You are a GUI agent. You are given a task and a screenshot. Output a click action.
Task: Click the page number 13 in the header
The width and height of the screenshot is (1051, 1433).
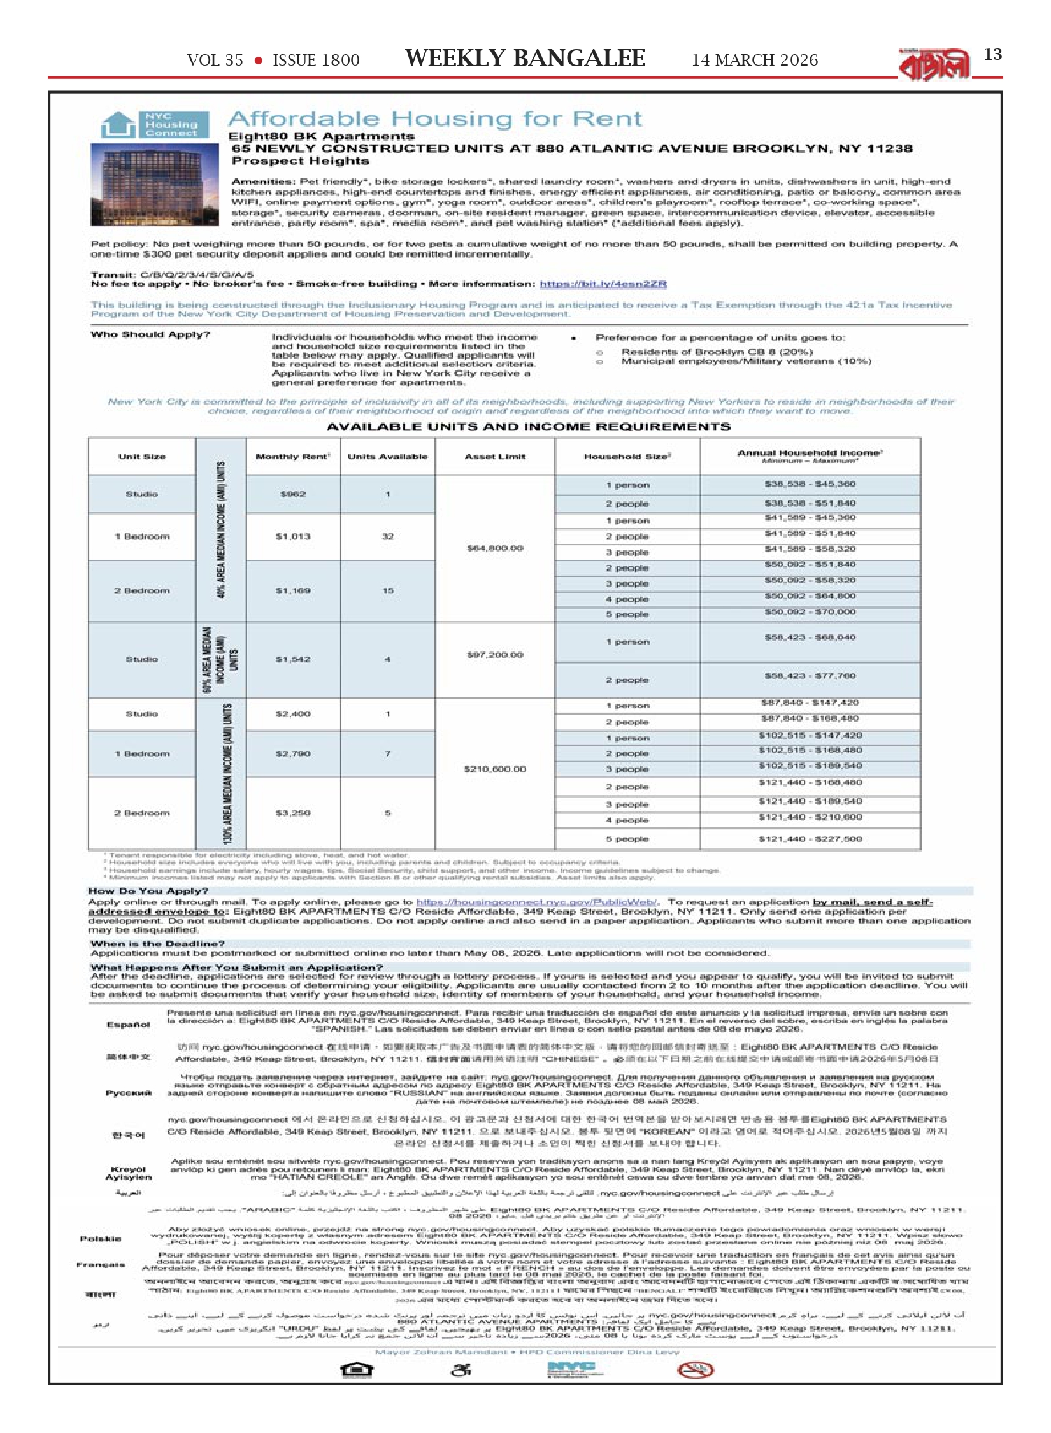(992, 55)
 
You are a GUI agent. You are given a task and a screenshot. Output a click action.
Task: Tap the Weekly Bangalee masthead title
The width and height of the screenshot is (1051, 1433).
(525, 59)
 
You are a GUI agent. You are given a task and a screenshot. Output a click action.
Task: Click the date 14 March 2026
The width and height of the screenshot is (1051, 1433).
(754, 61)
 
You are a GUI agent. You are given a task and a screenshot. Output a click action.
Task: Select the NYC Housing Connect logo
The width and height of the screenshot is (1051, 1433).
(155, 125)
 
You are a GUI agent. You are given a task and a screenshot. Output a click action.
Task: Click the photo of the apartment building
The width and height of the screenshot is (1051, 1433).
(155, 184)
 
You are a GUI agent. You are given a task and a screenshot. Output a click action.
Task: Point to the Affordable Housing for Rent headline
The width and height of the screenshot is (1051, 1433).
(435, 119)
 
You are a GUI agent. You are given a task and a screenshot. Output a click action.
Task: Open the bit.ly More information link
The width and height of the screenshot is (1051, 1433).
(603, 284)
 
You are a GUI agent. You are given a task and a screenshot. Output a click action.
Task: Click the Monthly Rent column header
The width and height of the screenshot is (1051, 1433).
(292, 457)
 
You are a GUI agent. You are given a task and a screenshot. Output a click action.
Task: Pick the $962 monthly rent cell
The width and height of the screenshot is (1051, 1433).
(292, 494)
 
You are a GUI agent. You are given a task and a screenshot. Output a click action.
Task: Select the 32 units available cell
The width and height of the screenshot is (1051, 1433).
(387, 536)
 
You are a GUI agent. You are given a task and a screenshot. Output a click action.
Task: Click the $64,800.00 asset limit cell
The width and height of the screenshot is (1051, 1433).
(495, 548)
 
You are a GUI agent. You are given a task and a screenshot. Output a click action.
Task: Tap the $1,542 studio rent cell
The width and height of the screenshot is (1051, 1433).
(292, 659)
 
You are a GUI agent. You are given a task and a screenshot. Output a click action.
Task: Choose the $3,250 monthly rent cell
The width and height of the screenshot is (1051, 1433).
(292, 813)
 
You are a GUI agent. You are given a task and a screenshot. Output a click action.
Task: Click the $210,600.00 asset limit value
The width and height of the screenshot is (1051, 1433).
(495, 769)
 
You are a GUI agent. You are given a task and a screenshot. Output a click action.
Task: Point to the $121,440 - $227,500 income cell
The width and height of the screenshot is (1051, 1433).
(810, 839)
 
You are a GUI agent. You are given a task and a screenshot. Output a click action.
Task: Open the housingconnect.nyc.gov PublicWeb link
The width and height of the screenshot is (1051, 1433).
(537, 902)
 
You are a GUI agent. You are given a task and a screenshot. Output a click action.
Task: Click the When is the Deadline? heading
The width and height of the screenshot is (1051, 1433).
(157, 944)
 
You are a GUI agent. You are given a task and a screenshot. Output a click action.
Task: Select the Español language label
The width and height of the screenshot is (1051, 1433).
(128, 1025)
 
